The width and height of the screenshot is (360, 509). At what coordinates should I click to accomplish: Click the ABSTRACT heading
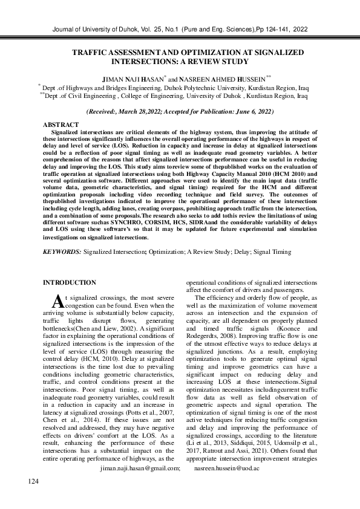coord(61,124)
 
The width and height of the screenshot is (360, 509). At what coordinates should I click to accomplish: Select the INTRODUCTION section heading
coord(70,282)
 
